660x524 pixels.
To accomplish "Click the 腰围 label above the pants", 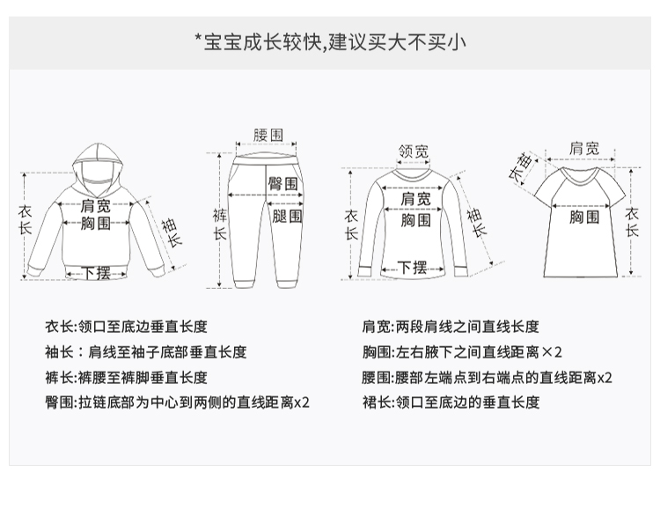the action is pyautogui.click(x=268, y=135).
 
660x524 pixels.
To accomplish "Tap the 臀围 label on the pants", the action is pyautogui.click(x=282, y=185).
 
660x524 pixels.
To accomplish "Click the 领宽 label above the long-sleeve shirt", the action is pyautogui.click(x=414, y=151).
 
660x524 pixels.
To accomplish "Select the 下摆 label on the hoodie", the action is pyautogui.click(x=97, y=272).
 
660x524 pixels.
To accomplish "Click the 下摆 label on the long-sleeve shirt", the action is pyautogui.click(x=412, y=267).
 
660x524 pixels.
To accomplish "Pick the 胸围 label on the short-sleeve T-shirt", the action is pyautogui.click(x=584, y=216).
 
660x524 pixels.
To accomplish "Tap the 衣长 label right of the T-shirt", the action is pyautogui.click(x=632, y=222).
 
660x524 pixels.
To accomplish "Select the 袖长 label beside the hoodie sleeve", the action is pyautogui.click(x=171, y=231).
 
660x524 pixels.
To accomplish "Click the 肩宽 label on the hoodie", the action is pyautogui.click(x=96, y=205).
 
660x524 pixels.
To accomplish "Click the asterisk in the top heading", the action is pyautogui.click(x=198, y=39).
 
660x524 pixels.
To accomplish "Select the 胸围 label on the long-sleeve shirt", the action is pyautogui.click(x=415, y=220).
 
